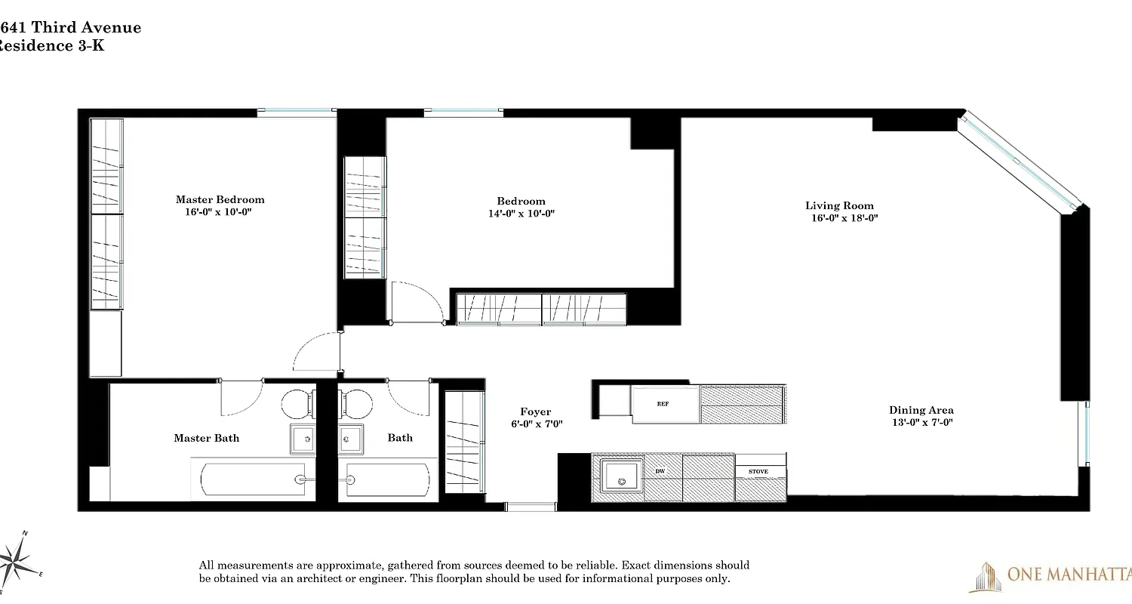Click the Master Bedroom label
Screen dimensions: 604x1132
[220, 199]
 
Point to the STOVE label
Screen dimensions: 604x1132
[758, 472]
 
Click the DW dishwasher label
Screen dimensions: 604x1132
[660, 472]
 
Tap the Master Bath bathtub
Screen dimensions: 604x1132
[254, 479]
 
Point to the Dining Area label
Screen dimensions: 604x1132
[921, 410]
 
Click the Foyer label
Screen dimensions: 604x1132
[536, 412]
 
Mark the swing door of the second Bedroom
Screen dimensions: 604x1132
[417, 301]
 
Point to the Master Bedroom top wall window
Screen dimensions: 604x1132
[296, 112]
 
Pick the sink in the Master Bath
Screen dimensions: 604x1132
[303, 438]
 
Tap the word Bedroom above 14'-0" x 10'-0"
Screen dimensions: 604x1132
[521, 201]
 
